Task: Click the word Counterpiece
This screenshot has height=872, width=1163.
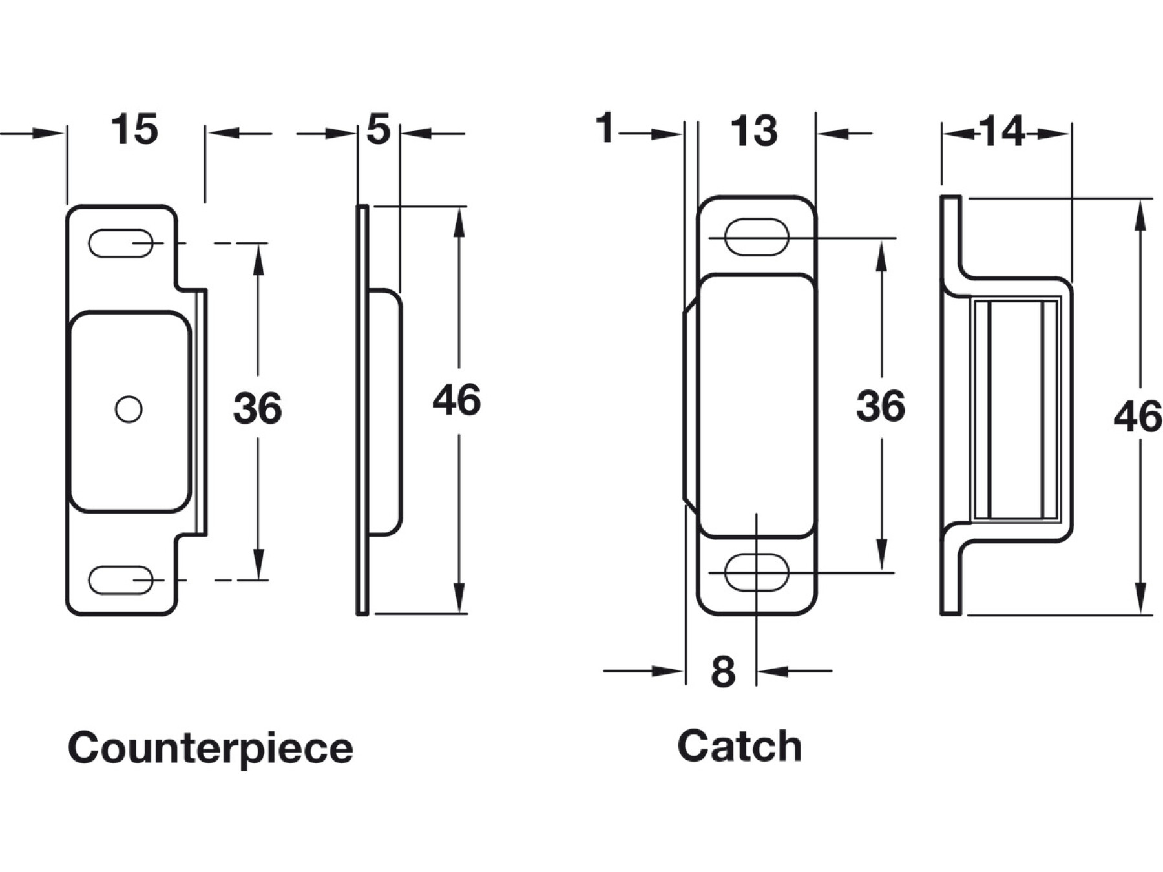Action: click(x=211, y=748)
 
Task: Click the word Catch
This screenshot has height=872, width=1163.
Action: click(x=740, y=746)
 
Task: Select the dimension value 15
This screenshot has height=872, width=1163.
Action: click(x=134, y=129)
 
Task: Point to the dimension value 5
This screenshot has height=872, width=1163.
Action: click(x=379, y=129)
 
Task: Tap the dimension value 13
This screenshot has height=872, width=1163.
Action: click(x=754, y=131)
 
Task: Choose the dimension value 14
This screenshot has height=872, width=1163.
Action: click(x=1002, y=132)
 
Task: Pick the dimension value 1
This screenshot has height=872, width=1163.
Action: click(x=605, y=128)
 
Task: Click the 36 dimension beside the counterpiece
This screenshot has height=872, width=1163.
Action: click(x=257, y=408)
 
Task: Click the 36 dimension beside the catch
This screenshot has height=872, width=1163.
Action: click(x=881, y=406)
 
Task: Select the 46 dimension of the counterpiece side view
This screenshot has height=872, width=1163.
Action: click(x=456, y=400)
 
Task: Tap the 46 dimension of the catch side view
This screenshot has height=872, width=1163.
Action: click(x=1138, y=416)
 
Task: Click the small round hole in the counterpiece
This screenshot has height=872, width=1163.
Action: click(x=129, y=409)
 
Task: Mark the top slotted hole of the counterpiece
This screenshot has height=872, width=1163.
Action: click(x=120, y=244)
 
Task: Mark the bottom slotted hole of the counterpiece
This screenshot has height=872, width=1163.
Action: click(x=120, y=580)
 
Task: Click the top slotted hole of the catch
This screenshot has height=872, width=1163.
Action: click(x=757, y=237)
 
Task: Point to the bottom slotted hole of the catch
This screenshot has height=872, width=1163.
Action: click(x=757, y=572)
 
